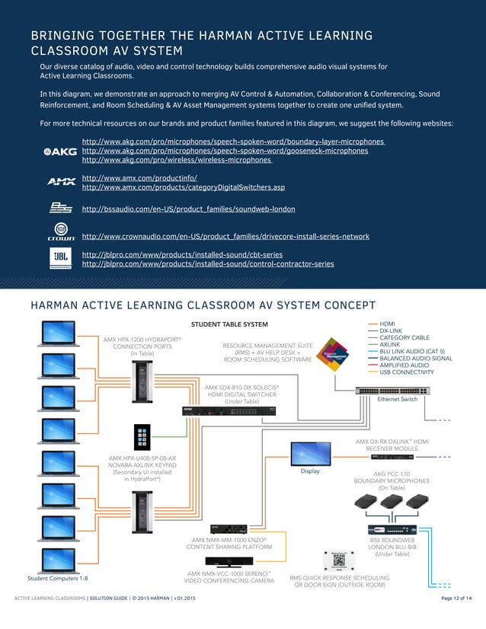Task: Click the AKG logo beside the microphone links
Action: [x=60, y=151]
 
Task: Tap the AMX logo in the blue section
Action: [x=61, y=182]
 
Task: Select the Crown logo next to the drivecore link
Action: [x=61, y=232]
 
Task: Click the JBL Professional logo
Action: [x=61, y=259]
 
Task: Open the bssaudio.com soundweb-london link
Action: [x=188, y=209]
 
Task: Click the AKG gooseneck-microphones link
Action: [x=224, y=151]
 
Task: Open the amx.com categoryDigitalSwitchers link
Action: [x=183, y=187]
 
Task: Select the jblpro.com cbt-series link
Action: [x=182, y=254]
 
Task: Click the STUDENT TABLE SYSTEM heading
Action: [x=229, y=324]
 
